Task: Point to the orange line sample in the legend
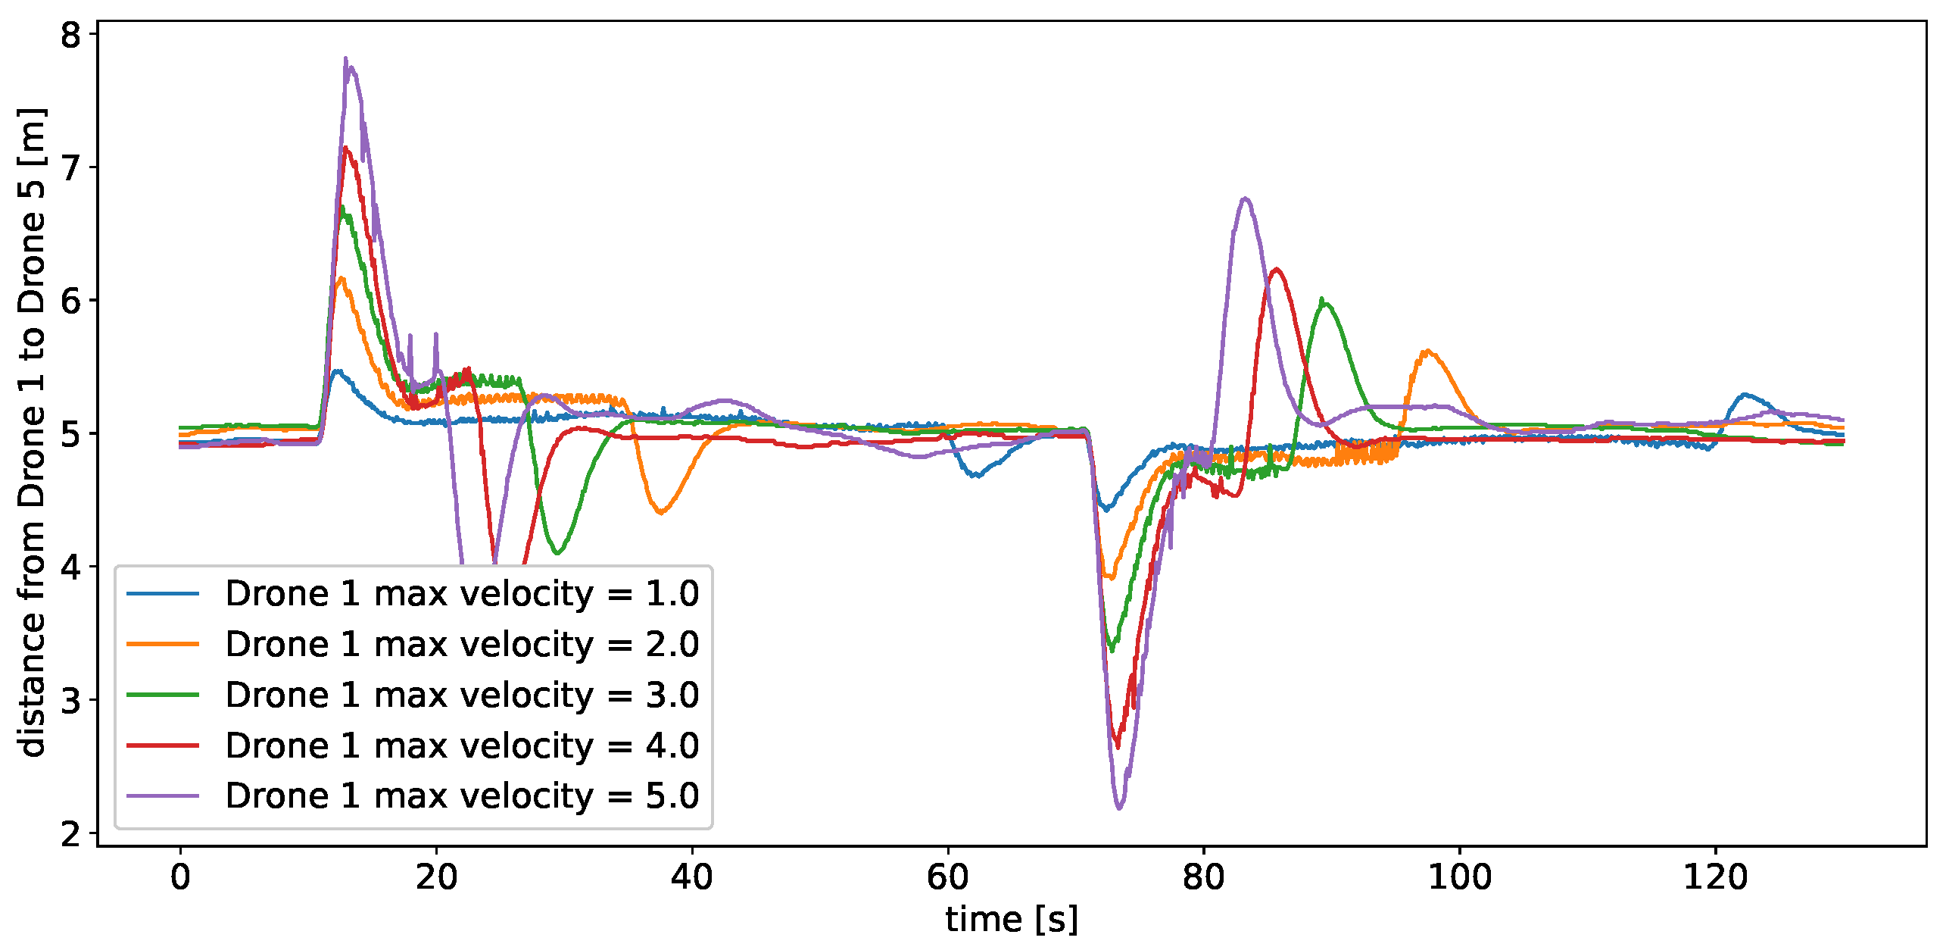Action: pos(163,644)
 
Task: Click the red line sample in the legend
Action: pos(163,745)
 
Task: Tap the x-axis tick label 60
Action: pos(947,877)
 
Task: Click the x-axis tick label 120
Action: pos(1715,877)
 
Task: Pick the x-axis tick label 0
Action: pos(180,877)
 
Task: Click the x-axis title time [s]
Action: pos(1012,920)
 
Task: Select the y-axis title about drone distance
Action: pos(32,432)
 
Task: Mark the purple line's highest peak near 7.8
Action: pos(346,59)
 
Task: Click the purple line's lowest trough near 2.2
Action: pos(1119,808)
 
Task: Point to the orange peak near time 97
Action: pos(1428,351)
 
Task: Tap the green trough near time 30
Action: pos(557,552)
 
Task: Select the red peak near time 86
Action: pos(1277,269)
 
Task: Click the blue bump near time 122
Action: pos(1745,394)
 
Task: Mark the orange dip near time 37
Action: pos(660,513)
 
